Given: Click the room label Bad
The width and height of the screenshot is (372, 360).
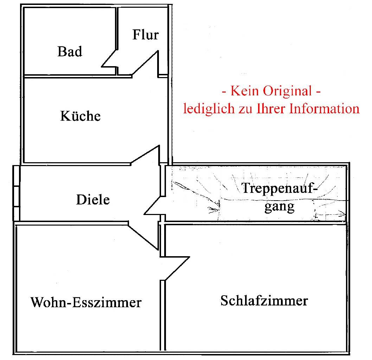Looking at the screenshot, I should (70, 52).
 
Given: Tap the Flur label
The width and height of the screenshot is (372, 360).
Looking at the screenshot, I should (145, 35).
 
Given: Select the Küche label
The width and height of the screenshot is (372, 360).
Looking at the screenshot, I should (81, 116).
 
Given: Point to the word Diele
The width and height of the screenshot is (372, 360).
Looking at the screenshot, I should (93, 200).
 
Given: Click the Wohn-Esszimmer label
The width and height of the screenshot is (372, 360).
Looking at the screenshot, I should (86, 302).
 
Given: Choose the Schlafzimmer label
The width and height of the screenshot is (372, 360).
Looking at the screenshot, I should (264, 301).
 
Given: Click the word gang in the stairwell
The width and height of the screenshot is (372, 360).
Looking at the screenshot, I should (280, 206).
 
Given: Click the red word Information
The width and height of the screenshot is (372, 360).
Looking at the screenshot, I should (325, 108).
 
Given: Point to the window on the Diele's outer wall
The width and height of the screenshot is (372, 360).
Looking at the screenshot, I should (16, 193).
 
